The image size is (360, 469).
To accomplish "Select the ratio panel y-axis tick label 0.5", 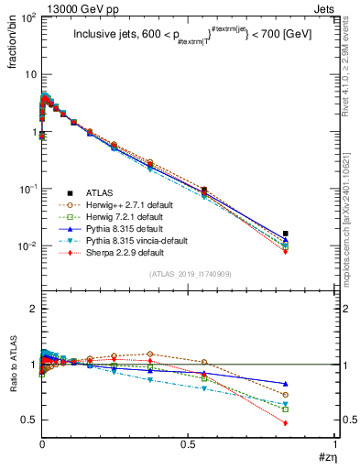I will pyautogui.click(x=27, y=420).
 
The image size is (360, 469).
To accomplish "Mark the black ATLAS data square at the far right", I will pyautogui.click(x=286, y=234).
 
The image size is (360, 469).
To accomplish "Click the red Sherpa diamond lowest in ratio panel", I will pyautogui.click(x=286, y=423).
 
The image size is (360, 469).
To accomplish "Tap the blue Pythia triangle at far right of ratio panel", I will pyautogui.click(x=286, y=384).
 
